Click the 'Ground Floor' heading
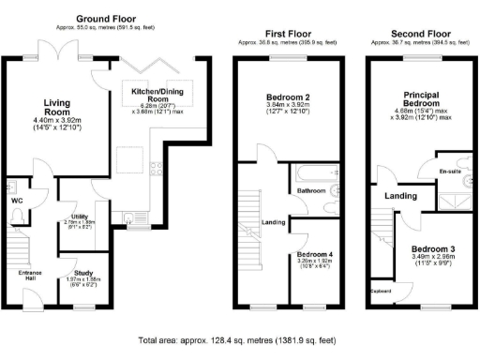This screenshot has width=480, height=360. coord(105,19)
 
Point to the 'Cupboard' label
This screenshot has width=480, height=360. coord(380,290)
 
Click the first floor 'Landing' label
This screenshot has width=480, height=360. coord(273,222)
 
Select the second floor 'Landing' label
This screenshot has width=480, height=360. coord(401,195)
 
